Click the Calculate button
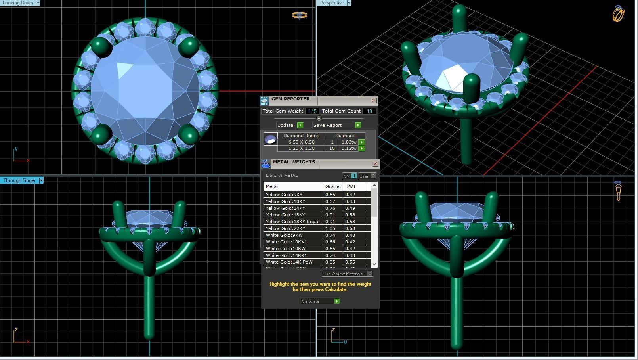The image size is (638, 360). pyautogui.click(x=320, y=301)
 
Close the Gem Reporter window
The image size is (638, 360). pyautogui.click(x=374, y=101)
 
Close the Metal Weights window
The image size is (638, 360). pyautogui.click(x=375, y=164)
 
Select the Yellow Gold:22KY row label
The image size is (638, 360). pyautogui.click(x=285, y=228)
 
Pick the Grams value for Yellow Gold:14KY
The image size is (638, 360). pyautogui.click(x=330, y=208)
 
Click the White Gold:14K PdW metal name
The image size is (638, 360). pyautogui.click(x=289, y=262)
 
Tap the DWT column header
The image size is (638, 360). pyautogui.click(x=350, y=186)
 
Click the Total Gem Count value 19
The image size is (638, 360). pyautogui.click(x=369, y=111)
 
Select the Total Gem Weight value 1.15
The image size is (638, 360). pyautogui.click(x=312, y=111)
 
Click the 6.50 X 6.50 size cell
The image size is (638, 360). pyautogui.click(x=301, y=142)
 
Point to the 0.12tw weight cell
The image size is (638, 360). pyautogui.click(x=349, y=148)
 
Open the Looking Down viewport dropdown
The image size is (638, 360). pyautogui.click(x=38, y=3)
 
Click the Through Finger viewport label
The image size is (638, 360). pyautogui.click(x=19, y=180)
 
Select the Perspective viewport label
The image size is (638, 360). pyautogui.click(x=332, y=3)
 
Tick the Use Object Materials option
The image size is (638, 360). pyautogui.click(x=370, y=274)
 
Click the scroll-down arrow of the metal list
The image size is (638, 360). pyautogui.click(x=374, y=264)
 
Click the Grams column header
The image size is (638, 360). pyautogui.click(x=332, y=186)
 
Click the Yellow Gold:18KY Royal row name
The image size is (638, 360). pyautogui.click(x=292, y=222)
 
